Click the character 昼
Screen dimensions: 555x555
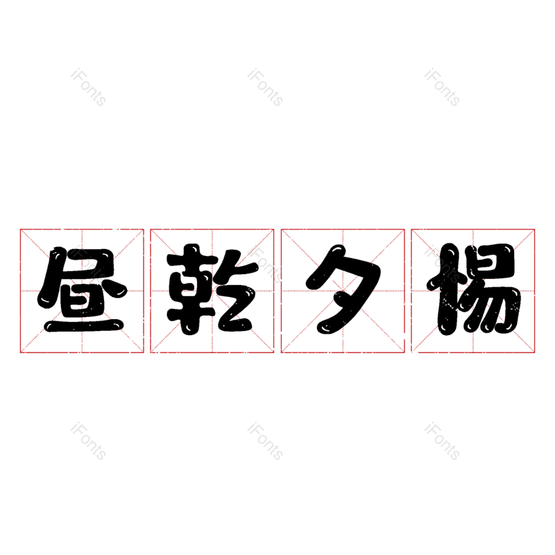pos(82,289)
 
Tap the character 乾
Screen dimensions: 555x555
pos(212,289)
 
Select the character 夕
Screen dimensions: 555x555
pos(343,289)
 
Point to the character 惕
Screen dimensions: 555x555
pos(474,289)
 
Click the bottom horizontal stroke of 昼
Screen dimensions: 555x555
pos(83,326)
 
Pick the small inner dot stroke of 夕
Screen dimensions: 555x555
pos(340,301)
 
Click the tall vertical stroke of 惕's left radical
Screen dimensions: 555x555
pos(447,289)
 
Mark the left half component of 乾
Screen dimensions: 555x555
pos(191,289)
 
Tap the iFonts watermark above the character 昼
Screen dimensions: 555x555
pos(88,87)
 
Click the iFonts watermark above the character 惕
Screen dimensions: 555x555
pos(442,87)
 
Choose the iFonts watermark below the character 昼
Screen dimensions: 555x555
pos(88,441)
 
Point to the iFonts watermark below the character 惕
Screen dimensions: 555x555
pos(442,441)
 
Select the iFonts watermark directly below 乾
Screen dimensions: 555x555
pos(265,441)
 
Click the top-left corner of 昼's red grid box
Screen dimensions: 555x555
pos(20,230)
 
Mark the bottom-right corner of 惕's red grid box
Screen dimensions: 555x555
pos(534,352)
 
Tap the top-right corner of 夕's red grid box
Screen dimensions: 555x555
pos(404,230)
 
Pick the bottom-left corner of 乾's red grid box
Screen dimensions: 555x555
pos(151,352)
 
